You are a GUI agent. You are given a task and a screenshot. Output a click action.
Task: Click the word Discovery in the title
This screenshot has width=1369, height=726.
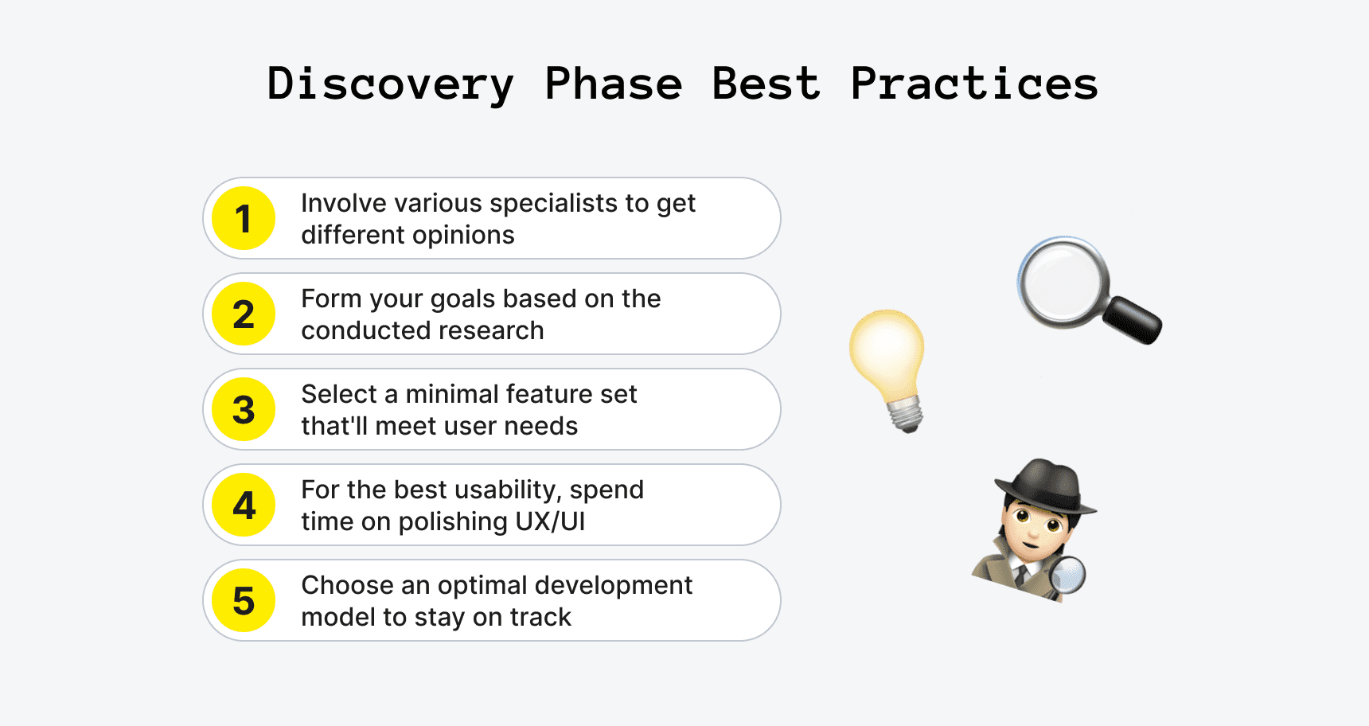[390, 84]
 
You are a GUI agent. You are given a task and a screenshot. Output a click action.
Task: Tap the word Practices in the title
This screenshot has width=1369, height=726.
[974, 84]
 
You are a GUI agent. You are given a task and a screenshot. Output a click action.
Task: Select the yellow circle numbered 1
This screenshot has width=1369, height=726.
[244, 219]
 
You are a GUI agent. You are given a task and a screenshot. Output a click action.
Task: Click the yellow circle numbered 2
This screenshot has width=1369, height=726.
[244, 314]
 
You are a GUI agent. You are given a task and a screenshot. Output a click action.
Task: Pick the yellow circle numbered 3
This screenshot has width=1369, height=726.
[244, 410]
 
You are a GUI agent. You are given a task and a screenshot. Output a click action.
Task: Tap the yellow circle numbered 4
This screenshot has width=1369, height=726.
[244, 505]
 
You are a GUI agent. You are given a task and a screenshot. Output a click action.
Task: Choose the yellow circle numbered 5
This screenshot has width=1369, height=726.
[244, 601]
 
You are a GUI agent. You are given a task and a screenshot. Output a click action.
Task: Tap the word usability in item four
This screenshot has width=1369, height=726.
[505, 490]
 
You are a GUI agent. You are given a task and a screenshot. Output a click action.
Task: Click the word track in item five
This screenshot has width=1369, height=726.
[540, 618]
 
